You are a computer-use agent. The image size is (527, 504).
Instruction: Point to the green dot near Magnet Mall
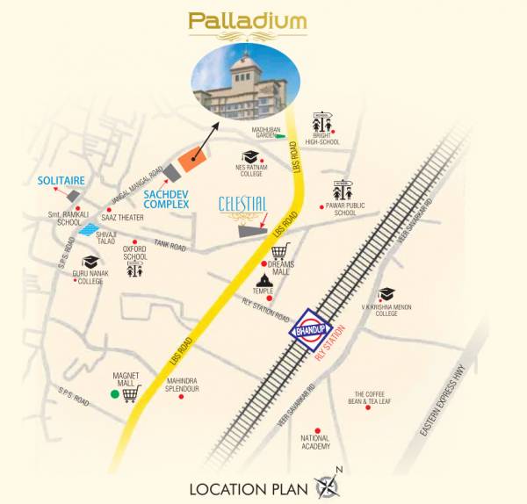114,394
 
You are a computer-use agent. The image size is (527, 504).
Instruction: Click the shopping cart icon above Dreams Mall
280,252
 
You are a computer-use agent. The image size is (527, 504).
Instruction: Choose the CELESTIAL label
242,205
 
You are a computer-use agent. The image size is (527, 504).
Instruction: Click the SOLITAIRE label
61,180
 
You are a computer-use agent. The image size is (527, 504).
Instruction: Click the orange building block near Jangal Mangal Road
191,161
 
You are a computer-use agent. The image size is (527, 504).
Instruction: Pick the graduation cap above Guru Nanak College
89,262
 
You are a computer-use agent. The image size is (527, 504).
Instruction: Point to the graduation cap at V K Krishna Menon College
386,294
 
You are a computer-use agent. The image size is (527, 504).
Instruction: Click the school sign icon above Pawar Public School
343,191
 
